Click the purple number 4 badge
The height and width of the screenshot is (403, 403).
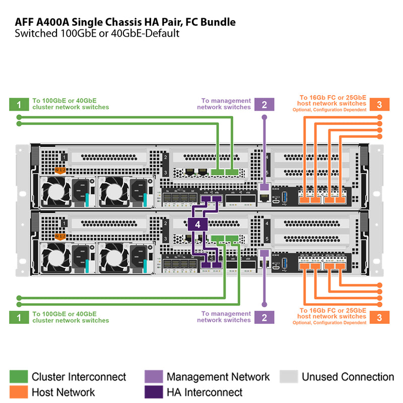pos(198,225)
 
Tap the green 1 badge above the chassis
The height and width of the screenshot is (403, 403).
pos(19,104)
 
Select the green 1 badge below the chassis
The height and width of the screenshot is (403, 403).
pos(19,317)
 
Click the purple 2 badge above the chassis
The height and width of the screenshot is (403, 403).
pos(264,104)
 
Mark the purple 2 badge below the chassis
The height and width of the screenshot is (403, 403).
pos(264,317)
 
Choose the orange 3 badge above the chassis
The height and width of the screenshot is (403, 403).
pos(379,104)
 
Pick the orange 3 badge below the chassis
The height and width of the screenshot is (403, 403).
pos(379,317)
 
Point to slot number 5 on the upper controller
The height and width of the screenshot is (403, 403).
pos(267,173)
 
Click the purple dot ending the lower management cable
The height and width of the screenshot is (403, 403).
pos(264,304)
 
